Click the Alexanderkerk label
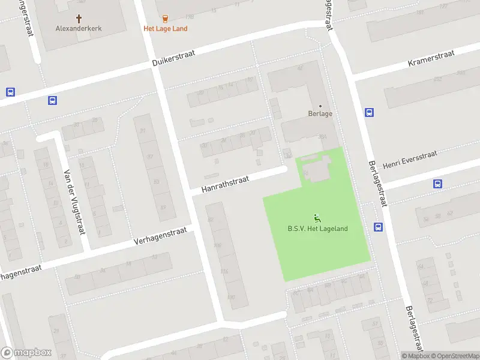coord(79,28)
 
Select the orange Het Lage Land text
coord(165,28)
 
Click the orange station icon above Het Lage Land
coord(165,19)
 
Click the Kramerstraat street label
coord(431,58)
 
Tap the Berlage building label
coord(320,113)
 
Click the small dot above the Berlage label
coord(320,106)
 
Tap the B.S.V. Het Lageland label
coord(317,229)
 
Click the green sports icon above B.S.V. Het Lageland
coord(317,218)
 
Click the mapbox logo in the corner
coord(26,353)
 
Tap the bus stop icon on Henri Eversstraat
coord(437,184)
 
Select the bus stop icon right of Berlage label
coord(369,112)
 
